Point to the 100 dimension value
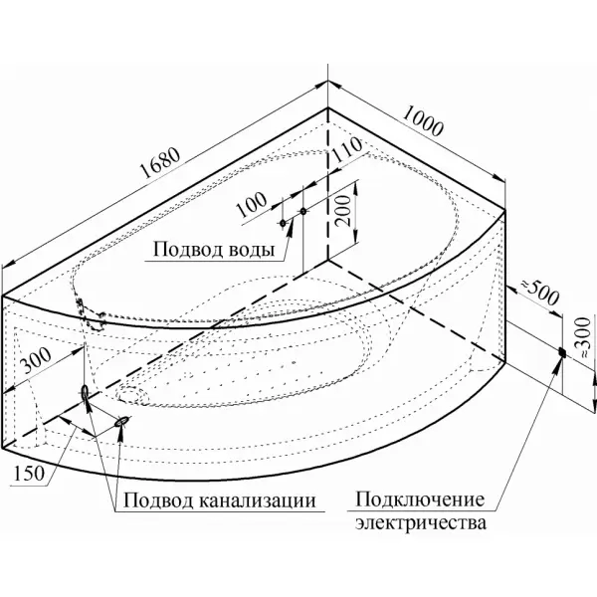coord(254,202)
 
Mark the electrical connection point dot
coord(562,352)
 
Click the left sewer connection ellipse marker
coord(85,390)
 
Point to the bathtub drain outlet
coord(126,395)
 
